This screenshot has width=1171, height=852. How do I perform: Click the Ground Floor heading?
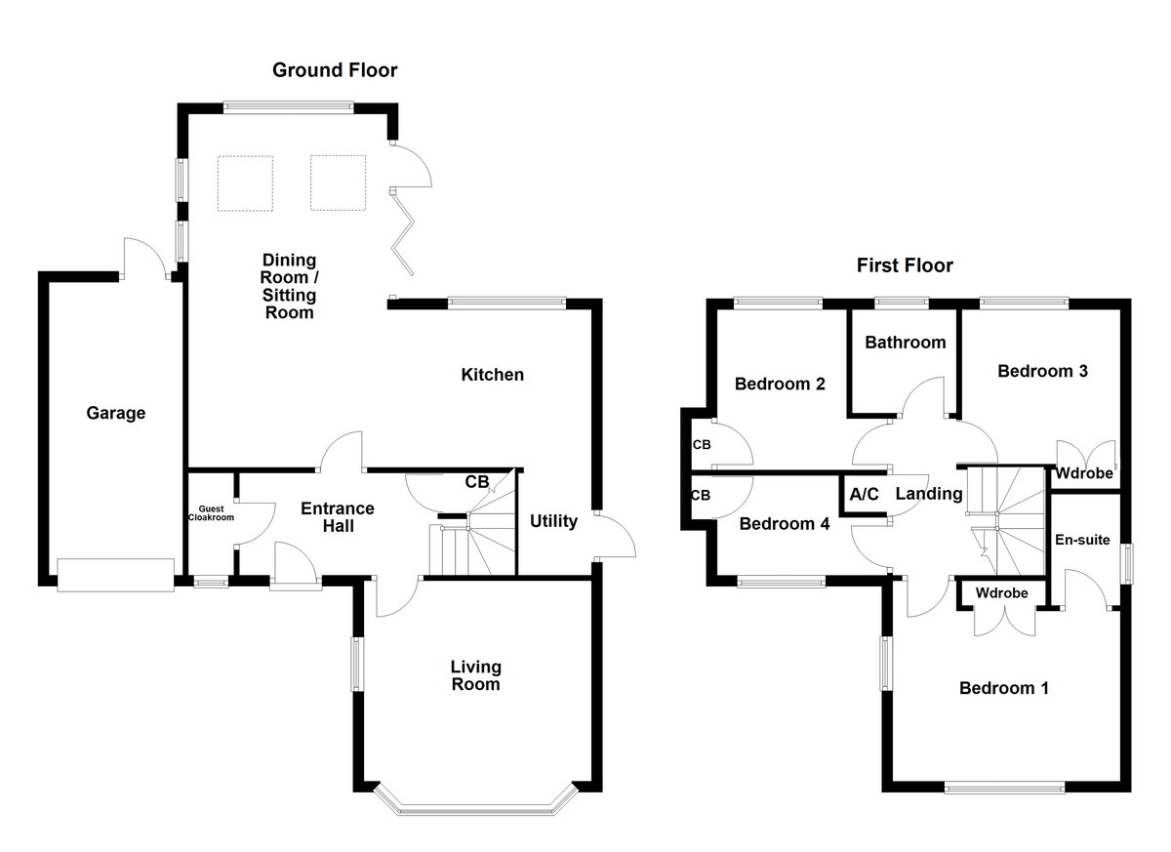pos(335,70)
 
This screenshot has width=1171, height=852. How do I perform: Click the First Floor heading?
pos(905,265)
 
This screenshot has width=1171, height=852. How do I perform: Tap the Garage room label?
pos(114,414)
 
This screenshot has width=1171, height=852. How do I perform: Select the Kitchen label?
pos(492,375)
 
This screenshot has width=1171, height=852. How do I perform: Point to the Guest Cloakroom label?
pos(212,513)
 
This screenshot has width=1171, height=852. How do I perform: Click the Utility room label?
pos(553,521)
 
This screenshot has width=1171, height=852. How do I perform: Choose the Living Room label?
pos(475,675)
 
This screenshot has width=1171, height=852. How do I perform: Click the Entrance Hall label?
pos(337,517)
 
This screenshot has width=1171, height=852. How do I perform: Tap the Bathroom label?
pos(905,343)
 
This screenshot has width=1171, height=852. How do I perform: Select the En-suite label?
pos(1082,540)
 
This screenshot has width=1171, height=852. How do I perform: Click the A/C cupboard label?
pos(865,494)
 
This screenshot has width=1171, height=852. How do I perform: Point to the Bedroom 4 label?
pos(784,524)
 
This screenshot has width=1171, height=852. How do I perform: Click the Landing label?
pos(929,494)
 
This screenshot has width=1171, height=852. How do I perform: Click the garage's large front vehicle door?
pos(115,575)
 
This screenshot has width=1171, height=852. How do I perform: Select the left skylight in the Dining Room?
pos(245,183)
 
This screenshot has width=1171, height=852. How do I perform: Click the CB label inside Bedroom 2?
pos(702,444)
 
